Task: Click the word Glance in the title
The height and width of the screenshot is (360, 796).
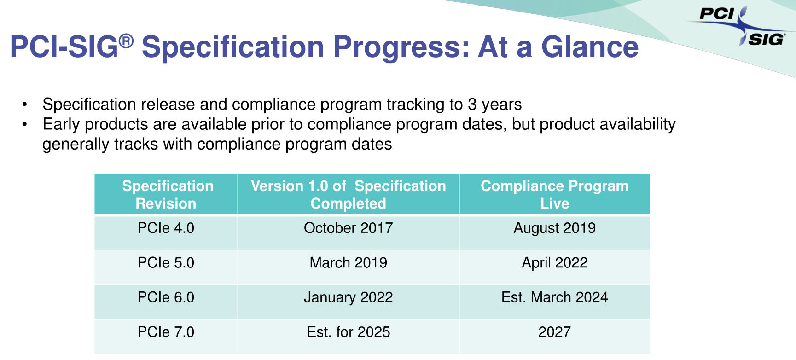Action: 590,47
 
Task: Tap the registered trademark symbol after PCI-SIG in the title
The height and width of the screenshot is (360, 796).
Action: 126,41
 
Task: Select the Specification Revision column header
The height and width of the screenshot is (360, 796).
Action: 166,194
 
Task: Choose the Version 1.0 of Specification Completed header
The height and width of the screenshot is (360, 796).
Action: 348,194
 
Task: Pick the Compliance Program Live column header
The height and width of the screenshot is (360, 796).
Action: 554,194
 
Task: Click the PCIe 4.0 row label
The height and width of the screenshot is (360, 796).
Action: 166,228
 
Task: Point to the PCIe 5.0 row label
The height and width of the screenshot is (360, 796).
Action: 166,262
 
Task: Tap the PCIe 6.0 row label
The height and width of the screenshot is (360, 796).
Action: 166,297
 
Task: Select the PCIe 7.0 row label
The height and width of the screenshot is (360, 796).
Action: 166,332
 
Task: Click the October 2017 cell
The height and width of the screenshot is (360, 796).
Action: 348,228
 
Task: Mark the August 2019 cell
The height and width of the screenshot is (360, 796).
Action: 554,228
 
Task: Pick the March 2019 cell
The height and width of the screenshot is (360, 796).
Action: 348,262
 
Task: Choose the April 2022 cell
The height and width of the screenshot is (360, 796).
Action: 554,262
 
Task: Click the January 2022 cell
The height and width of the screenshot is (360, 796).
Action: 348,297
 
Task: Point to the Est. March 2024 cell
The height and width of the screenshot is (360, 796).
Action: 554,297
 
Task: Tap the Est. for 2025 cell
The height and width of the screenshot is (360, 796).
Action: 348,332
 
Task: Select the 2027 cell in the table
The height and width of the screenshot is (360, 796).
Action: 554,332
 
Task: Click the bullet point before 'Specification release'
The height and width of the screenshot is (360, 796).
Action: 25,105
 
